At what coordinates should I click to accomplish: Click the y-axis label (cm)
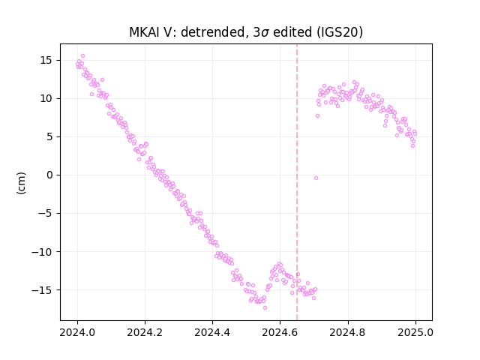pos(22,183)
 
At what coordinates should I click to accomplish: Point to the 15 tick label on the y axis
pos(46,60)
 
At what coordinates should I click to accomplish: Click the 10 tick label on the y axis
pos(46,98)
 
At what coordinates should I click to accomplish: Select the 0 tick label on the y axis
pos(49,175)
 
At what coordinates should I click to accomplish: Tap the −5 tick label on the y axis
pos(46,213)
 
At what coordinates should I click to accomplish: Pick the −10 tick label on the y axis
pos(42,252)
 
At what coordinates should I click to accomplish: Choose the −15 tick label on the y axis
pos(42,290)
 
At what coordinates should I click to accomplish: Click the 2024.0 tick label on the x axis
pos(77,332)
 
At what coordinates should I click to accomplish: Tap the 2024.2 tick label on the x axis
pos(145,332)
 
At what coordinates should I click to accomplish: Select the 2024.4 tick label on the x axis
pos(212,332)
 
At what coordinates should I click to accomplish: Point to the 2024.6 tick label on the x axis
pos(280,332)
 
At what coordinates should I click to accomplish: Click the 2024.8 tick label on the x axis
pos(348,332)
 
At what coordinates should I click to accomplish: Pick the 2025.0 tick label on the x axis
pos(415,332)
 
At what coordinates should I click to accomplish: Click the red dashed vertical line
pos(297,182)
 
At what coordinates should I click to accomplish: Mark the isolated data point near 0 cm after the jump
pos(316,178)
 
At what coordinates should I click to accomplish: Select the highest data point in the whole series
pos(82,56)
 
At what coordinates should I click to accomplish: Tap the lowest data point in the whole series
pos(265,307)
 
